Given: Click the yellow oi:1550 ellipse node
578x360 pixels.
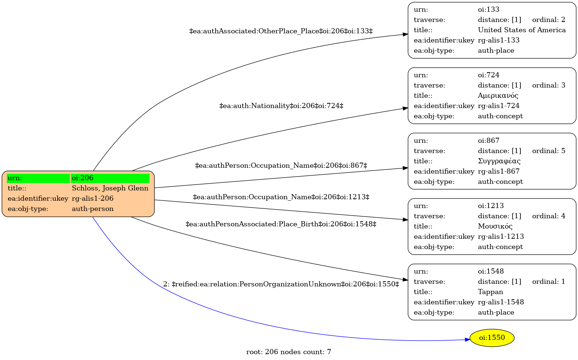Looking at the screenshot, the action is pos(492,338).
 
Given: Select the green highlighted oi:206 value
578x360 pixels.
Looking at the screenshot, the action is pos(110,178).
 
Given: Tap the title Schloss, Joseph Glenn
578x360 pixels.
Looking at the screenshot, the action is pos(110,188).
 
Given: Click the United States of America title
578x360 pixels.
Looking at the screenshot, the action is pos(522,30).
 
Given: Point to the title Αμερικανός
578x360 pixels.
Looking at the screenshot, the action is pos(498,96).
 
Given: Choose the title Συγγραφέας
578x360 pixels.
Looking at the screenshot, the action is pos(499,161).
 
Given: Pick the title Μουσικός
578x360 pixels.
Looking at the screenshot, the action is pos(495,226).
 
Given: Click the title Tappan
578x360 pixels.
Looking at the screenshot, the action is pos(490,292).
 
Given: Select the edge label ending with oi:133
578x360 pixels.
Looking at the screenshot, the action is pos(281,31).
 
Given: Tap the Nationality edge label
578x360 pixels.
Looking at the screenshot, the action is pos(281,106).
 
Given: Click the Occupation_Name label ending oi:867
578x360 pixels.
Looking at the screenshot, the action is pos(281,165).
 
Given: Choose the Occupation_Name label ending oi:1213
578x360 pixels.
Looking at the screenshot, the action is pos(281,197).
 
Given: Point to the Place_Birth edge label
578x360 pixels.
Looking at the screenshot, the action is pos(281,224).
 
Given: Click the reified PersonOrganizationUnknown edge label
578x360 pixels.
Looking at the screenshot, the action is pos(281,284).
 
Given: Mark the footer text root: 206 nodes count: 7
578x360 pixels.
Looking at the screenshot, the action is pos(289,352).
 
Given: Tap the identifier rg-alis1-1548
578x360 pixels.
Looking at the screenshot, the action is pos(501,302).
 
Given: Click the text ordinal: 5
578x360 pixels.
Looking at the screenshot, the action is pos(549,151).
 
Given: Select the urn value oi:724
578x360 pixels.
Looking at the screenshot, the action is pos(489,75).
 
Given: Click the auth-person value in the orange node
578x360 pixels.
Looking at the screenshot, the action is pos(93,209).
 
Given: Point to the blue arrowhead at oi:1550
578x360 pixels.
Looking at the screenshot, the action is pos(467,339).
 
